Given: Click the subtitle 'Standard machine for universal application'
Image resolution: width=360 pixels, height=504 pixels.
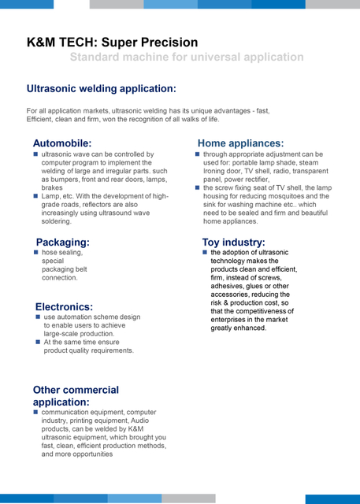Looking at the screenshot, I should pyautogui.click(x=187, y=57).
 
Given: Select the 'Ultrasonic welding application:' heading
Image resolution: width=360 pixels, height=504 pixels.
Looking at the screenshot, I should pyautogui.click(x=102, y=89).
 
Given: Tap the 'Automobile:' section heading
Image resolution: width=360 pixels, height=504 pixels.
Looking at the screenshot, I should pyautogui.click(x=62, y=143).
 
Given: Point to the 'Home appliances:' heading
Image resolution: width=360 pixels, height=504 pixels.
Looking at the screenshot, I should pyautogui.click(x=240, y=143).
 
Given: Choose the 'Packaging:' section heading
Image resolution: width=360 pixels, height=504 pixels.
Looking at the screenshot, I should pyautogui.click(x=63, y=242).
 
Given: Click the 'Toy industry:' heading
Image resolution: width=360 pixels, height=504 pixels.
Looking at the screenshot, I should pyautogui.click(x=234, y=242).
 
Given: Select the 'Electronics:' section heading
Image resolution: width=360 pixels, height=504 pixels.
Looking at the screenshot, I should pyautogui.click(x=64, y=306).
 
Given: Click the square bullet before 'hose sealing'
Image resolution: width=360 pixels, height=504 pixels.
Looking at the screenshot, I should pyautogui.click(x=36, y=252).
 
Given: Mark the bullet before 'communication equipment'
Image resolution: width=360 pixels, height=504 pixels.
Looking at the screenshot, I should pyautogui.click(x=36, y=412).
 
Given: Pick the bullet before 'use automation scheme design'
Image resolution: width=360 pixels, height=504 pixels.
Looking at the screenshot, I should pyautogui.click(x=38, y=317).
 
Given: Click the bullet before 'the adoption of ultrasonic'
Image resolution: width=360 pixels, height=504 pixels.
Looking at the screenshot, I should pyautogui.click(x=205, y=252).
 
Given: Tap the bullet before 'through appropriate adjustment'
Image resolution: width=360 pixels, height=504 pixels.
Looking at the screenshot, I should pyautogui.click(x=197, y=154).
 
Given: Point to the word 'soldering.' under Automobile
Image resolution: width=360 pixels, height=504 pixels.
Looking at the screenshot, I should pyautogui.click(x=57, y=222).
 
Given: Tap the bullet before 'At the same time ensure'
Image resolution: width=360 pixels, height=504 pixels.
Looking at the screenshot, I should pyautogui.click(x=38, y=342).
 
